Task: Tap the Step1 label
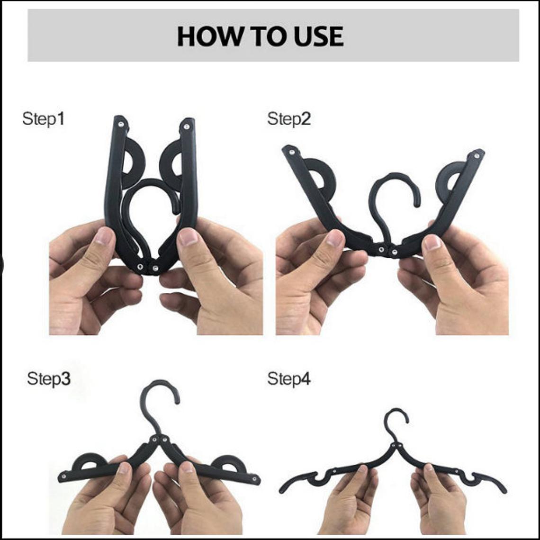pyautogui.click(x=43, y=119)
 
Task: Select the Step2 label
pyautogui.click(x=289, y=119)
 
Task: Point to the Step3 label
pyautogui.click(x=48, y=379)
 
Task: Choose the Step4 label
pyautogui.click(x=289, y=379)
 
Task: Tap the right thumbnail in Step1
pyautogui.click(x=188, y=237)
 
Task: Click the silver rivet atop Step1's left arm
pyautogui.click(x=121, y=124)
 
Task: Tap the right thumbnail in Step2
pyautogui.click(x=432, y=242)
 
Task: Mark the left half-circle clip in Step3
pyautogui.click(x=90, y=462)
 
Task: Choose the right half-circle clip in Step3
pyautogui.click(x=229, y=464)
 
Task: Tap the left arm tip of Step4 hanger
pyautogui.click(x=283, y=490)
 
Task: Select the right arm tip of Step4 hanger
pyautogui.click(x=503, y=490)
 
